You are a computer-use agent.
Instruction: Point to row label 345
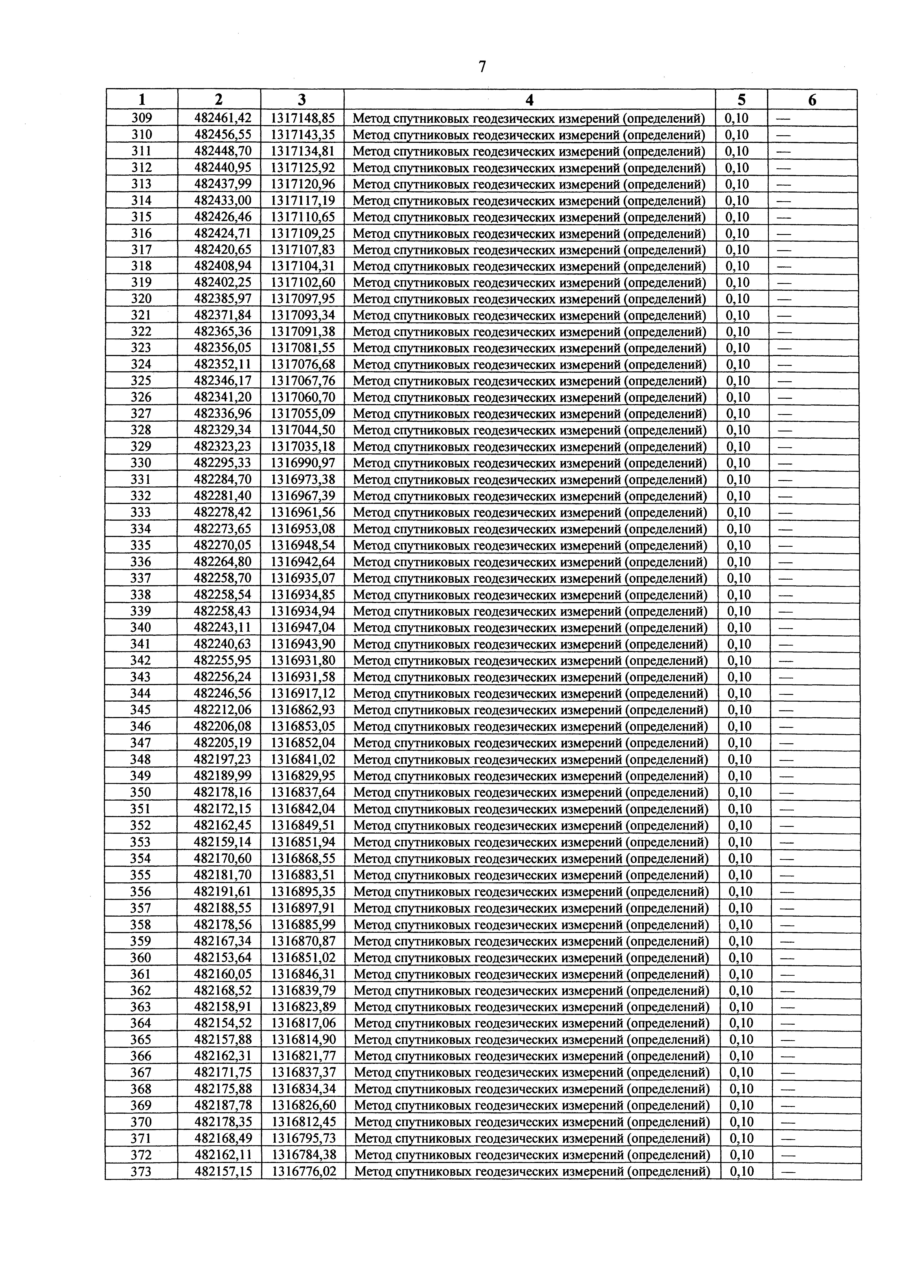(x=141, y=710)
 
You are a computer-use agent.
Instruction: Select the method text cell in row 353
(x=531, y=842)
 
